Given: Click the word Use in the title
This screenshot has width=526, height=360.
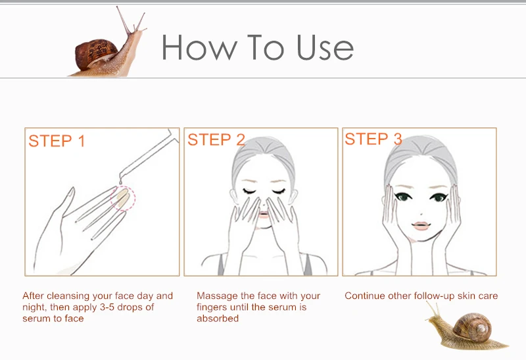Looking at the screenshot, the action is coord(325,47).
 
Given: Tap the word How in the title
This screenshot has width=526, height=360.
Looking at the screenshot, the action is coord(199,47).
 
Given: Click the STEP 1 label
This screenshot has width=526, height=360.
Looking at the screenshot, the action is coord(57,141).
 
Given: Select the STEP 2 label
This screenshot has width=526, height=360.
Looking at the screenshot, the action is coord(216,139).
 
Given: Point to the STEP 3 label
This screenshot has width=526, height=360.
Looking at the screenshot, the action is coord(373,139).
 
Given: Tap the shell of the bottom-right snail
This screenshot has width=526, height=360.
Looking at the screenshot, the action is coord(473,325).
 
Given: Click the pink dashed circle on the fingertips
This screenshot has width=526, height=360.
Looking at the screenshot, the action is coord(123,198).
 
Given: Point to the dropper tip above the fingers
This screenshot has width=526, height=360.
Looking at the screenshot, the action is coord(120,181).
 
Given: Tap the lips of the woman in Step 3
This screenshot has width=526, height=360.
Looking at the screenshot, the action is coord(420,225).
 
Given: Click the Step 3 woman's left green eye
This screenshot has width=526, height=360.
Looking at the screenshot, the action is coord(403,196).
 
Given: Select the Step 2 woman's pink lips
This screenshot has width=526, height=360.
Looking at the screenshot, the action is coord(264,214).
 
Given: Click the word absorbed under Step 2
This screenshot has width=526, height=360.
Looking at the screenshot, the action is coord(218,319).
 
